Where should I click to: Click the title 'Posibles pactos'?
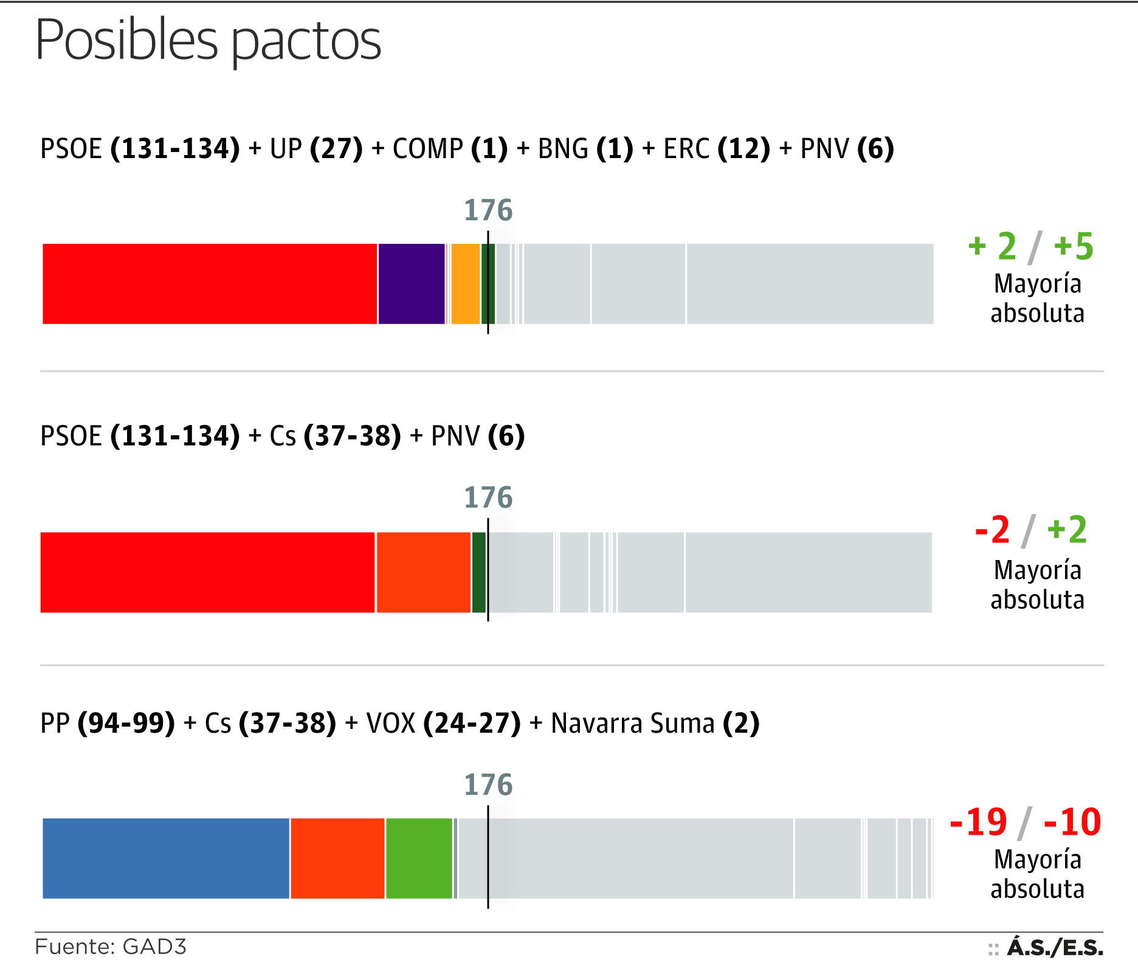click(208, 40)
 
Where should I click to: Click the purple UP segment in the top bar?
click(411, 284)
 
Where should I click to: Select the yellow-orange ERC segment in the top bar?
click(466, 284)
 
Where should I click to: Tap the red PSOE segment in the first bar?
click(210, 284)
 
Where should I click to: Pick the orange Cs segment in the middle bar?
click(424, 572)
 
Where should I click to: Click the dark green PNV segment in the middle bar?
click(479, 572)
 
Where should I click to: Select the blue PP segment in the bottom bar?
click(166, 858)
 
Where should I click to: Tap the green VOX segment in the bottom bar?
click(419, 858)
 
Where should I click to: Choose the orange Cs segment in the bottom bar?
click(337, 858)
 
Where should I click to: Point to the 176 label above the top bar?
click(488, 210)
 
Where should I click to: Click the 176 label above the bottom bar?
click(488, 785)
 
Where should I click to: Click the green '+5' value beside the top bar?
click(1074, 246)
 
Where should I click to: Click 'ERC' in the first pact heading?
click(686, 149)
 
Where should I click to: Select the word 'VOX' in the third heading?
click(391, 724)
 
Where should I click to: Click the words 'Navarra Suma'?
click(632, 724)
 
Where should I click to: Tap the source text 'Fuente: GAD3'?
click(111, 947)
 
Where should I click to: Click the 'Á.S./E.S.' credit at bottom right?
click(1055, 947)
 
